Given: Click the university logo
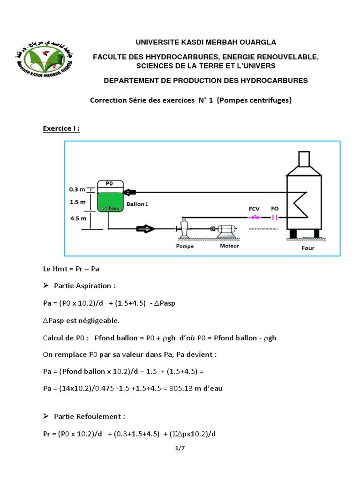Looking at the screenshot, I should click(x=44, y=59).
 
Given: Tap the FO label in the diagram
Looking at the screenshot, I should click(x=275, y=207).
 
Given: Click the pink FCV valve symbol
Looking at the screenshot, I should click(x=255, y=217).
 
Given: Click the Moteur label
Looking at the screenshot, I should click(x=229, y=246).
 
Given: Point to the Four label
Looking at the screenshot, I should click(x=307, y=248).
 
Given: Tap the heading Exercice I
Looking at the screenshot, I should click(x=61, y=128).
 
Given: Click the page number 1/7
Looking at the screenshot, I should click(x=180, y=448).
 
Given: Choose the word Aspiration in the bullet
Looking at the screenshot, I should click(x=97, y=285).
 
